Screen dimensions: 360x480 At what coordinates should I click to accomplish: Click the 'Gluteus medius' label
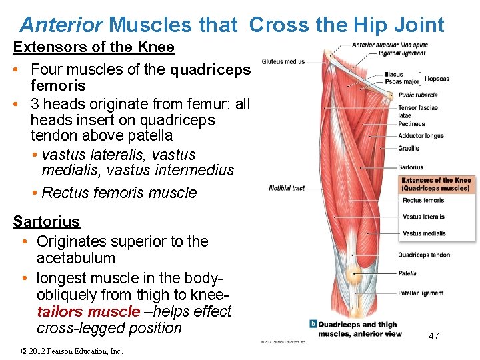click(x=283, y=61)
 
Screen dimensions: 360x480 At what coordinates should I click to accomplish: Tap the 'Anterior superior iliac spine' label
click(x=390, y=45)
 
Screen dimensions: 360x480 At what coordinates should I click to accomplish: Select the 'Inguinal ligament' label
click(x=402, y=53)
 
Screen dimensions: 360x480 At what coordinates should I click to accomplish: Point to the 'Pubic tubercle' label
click(x=418, y=95)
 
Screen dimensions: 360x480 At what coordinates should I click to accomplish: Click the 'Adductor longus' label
click(x=421, y=136)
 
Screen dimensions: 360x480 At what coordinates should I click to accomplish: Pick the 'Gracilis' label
click(x=409, y=148)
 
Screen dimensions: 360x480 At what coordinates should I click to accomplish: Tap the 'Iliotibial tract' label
click(x=287, y=188)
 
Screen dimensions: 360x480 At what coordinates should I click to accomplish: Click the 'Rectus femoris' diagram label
click(x=423, y=200)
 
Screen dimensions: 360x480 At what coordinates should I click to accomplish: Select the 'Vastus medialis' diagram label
click(x=424, y=233)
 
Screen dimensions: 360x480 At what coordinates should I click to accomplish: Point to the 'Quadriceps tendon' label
click(x=424, y=255)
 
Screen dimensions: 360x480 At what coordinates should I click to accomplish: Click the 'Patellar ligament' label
click(x=421, y=293)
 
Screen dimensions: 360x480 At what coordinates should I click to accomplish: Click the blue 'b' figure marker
click(x=313, y=324)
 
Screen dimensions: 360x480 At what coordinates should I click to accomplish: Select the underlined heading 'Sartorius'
click(x=46, y=221)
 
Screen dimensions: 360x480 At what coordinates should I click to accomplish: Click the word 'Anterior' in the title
click(x=61, y=25)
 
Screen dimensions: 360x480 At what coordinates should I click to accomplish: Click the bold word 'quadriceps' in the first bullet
click(x=211, y=69)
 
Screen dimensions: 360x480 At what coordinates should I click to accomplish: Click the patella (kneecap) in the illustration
click(x=351, y=273)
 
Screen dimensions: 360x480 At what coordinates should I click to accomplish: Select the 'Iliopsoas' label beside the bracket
click(x=437, y=79)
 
